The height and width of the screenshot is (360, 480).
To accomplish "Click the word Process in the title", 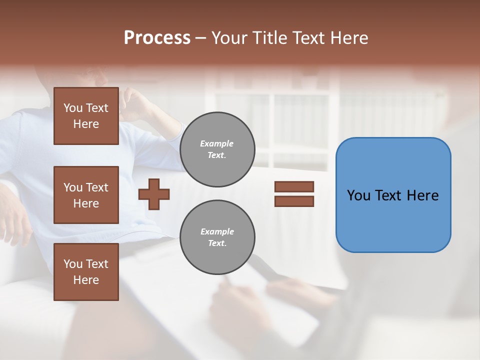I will point(157,38).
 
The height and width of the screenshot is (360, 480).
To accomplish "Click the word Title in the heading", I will point(270,38).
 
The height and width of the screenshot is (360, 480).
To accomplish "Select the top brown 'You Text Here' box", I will point(86,116).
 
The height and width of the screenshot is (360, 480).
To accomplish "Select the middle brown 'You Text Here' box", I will point(86,195).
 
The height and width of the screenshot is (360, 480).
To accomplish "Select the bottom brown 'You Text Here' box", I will point(86,272).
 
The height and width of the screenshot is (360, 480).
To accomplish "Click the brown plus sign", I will point(154,193).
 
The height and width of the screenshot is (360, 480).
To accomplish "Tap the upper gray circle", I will point(217,149).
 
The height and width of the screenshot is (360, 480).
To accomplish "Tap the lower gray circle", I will point(217,237).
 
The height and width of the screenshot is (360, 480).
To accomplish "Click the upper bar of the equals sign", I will point(294,187).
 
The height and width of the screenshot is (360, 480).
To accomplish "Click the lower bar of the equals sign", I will point(294,201).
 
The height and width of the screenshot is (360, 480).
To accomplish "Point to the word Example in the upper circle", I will point(217,143).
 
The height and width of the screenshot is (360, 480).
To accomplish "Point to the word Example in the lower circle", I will point(217,231).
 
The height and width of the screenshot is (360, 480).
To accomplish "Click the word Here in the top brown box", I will point(86,124).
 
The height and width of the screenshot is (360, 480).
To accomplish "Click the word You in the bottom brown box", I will point(73,264).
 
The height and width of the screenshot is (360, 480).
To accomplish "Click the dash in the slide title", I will point(200,38).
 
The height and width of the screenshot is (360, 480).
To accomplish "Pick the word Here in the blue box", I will point(423,195).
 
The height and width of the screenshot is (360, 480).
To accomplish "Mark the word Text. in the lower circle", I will point(217,243).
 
